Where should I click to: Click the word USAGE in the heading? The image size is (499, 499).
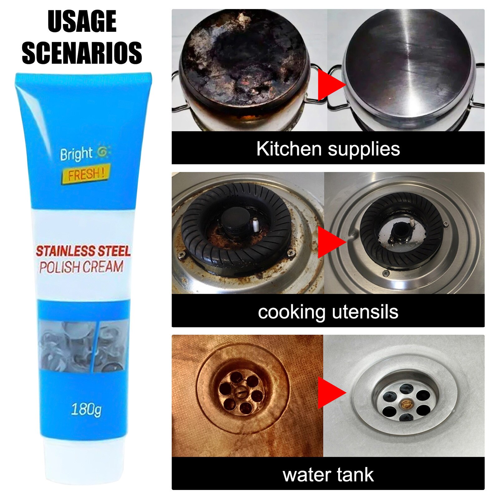pyautogui.click(x=82, y=21)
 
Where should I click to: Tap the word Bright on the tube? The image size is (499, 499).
pyautogui.click(x=76, y=154)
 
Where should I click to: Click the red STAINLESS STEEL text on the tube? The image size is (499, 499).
pyautogui.click(x=83, y=251)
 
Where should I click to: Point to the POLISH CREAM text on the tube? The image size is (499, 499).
pyautogui.click(x=81, y=267)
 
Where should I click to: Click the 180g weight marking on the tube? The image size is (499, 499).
pyautogui.click(x=86, y=409)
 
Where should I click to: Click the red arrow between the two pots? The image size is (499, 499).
pyautogui.click(x=331, y=85)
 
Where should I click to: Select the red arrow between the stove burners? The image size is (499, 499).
pyautogui.click(x=331, y=242)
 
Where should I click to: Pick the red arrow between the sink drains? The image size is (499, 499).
pyautogui.click(x=331, y=393)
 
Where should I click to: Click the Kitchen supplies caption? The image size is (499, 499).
pyautogui.click(x=328, y=148)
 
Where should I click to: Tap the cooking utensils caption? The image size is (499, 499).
pyautogui.click(x=328, y=312)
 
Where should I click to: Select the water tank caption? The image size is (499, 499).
pyautogui.click(x=328, y=475)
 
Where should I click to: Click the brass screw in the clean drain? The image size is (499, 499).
pyautogui.click(x=406, y=404)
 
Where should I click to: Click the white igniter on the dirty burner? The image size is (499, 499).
pyautogui.click(x=255, y=225)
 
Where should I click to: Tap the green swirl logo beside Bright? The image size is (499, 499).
pyautogui.click(x=102, y=152)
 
